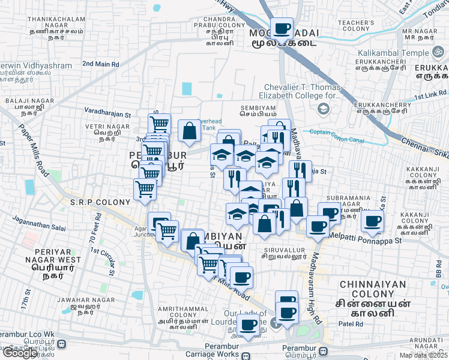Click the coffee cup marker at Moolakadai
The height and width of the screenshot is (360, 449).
281,28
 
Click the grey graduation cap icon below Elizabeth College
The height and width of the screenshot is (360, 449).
324,109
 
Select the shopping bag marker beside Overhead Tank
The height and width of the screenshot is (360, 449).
190,131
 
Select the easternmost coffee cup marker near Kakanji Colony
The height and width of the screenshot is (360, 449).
373,221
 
